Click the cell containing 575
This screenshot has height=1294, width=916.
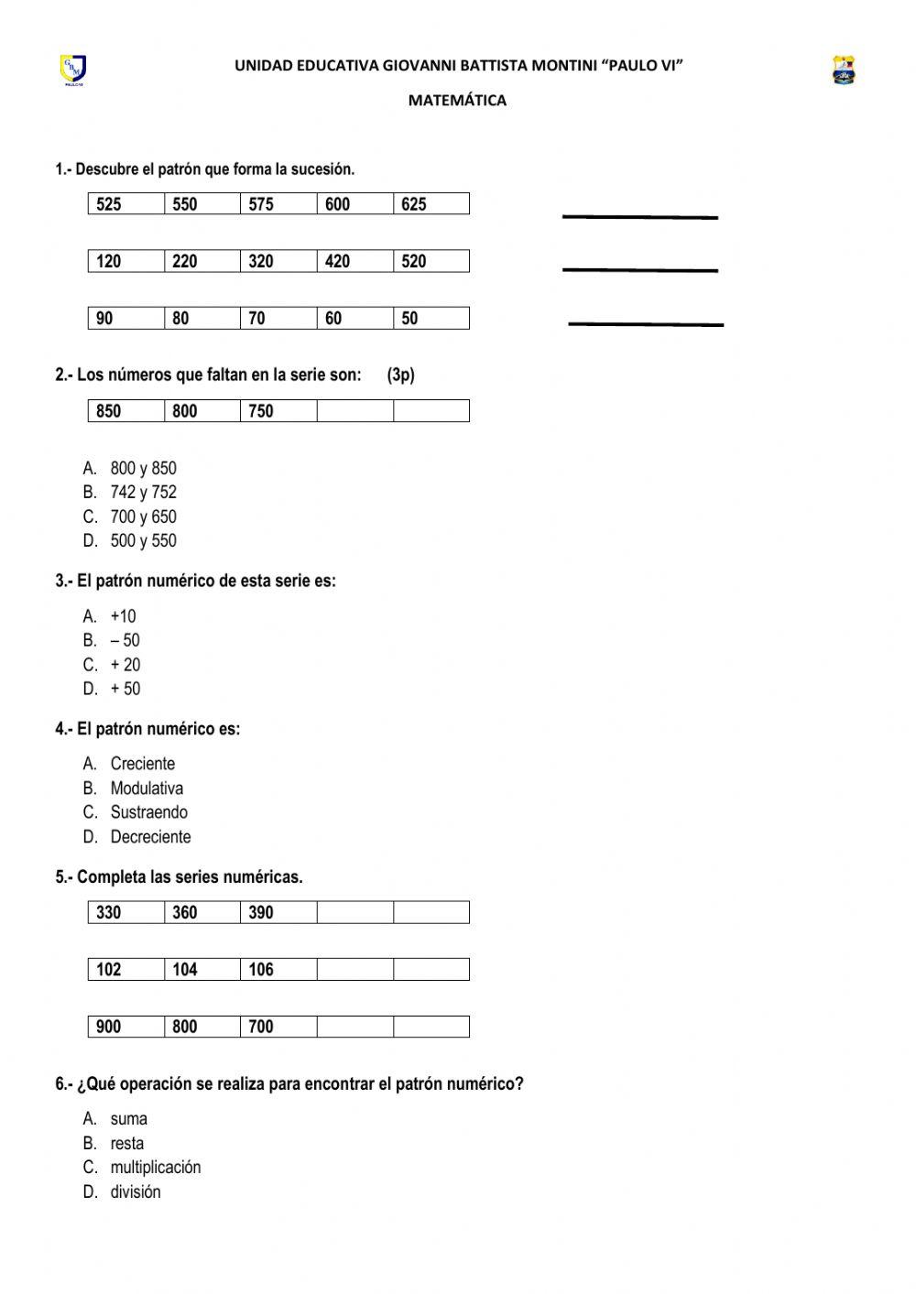click(278, 204)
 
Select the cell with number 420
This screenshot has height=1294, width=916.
click(354, 261)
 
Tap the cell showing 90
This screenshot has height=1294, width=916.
click(126, 318)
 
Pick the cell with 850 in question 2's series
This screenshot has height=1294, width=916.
click(126, 411)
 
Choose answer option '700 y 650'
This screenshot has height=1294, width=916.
click(143, 517)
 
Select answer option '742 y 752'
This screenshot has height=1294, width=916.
click(143, 492)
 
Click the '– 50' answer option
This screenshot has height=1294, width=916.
click(125, 640)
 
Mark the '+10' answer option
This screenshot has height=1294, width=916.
click(123, 616)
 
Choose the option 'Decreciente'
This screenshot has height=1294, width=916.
click(150, 837)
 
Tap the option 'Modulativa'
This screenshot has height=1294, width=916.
click(147, 788)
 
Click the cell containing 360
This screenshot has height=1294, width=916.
click(202, 912)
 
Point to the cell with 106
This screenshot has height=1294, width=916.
click(278, 970)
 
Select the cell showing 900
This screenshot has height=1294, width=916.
click(126, 1027)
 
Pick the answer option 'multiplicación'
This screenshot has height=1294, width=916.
click(155, 1168)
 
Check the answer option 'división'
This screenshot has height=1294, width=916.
click(135, 1192)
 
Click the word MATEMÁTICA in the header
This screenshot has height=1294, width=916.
click(457, 101)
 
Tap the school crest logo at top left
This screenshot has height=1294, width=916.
click(73, 70)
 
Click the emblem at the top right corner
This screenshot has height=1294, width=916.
click(844, 71)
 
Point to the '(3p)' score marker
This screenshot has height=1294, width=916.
click(400, 375)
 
